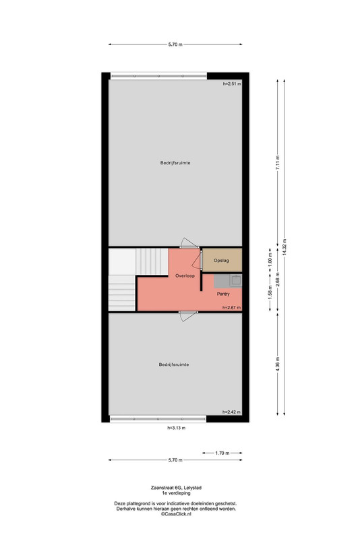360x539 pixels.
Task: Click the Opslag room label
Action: [221, 261]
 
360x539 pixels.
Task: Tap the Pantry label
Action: [223, 294]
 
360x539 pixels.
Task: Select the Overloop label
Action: [185, 276]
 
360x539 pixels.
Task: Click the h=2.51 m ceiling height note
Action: [232, 84]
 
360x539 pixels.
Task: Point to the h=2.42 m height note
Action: [231, 412]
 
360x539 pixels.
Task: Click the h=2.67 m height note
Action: [231, 308]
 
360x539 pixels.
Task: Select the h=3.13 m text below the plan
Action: [177, 428]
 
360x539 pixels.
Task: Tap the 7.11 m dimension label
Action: [278, 162]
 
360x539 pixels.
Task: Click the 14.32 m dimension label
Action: [284, 247]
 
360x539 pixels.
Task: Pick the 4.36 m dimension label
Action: [278, 364]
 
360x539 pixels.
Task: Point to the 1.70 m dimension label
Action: [222, 453]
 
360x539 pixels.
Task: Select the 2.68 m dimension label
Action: [278, 280]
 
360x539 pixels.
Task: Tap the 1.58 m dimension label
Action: [270, 292]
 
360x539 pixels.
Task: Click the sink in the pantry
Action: [236, 280]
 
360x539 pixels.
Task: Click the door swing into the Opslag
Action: [197, 259]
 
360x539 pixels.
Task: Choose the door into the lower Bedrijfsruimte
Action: [188, 316]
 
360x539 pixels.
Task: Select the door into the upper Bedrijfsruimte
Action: [189, 243]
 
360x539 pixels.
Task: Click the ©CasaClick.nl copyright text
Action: [176, 514]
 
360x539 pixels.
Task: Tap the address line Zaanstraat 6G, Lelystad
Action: [176, 487]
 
